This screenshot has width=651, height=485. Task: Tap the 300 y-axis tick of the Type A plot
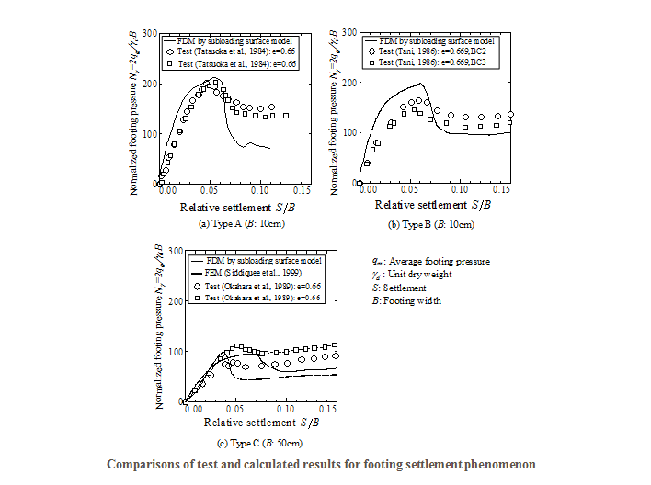coord(148,32)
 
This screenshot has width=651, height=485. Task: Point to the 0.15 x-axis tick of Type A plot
coord(301,192)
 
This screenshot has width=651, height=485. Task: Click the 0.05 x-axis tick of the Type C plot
coord(236,411)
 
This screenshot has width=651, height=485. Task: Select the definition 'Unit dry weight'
coord(413,275)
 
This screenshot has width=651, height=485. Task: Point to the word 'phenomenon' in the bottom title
coord(497,464)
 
